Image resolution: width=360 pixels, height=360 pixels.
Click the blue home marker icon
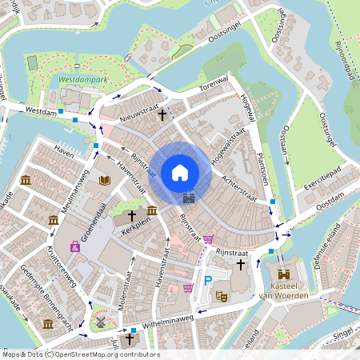(180, 173)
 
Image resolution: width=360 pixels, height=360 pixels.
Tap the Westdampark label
(83, 80)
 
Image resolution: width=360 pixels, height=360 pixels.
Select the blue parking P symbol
(208, 280)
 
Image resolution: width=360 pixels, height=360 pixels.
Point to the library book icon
(103, 180)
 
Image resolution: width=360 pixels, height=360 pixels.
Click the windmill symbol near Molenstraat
(102, 321)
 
